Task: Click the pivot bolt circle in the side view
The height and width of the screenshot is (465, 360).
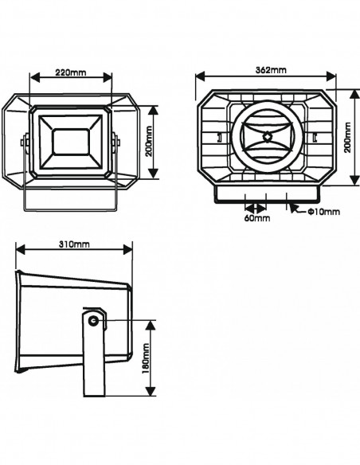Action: [94, 320]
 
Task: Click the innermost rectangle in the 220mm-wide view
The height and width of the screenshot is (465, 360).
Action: [71, 141]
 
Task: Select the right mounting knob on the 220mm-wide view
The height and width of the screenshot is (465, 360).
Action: [116, 144]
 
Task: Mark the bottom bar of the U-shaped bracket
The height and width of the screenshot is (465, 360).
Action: [71, 212]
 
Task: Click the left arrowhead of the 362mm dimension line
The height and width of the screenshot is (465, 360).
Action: [199, 76]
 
